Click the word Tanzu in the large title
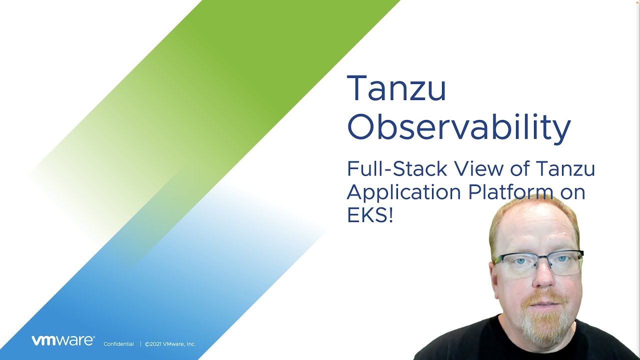tap(396, 88)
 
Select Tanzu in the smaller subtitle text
tap(565, 169)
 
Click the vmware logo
tap(63, 340)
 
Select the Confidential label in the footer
tap(118, 344)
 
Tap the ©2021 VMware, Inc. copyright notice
tap(170, 344)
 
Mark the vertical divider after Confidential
tap(140, 344)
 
